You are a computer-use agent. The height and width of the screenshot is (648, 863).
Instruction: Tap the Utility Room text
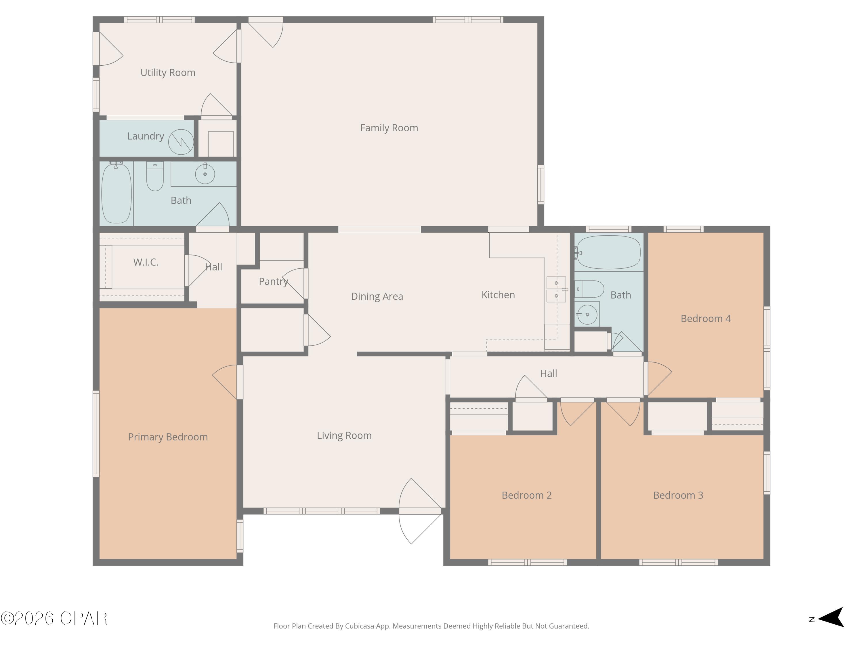click(168, 73)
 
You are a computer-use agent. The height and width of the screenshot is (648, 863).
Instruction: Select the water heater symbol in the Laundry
click(181, 142)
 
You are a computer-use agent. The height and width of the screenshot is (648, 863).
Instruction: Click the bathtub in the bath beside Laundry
click(116, 193)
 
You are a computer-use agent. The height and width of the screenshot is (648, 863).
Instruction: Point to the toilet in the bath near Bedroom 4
click(590, 289)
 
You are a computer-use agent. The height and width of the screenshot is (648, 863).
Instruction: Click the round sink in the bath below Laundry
click(205, 174)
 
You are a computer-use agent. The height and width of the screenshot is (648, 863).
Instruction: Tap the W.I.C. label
click(146, 262)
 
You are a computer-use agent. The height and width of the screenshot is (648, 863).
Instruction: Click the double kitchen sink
click(556, 289)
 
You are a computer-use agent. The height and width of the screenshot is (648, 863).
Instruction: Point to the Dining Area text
click(377, 296)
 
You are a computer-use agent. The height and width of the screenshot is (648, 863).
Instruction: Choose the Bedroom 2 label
click(526, 495)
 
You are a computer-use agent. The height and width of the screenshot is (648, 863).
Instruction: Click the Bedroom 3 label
click(678, 495)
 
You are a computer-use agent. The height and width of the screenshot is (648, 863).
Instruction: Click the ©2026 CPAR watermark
click(54, 618)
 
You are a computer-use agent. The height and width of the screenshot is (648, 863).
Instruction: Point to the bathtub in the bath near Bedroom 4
click(608, 252)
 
